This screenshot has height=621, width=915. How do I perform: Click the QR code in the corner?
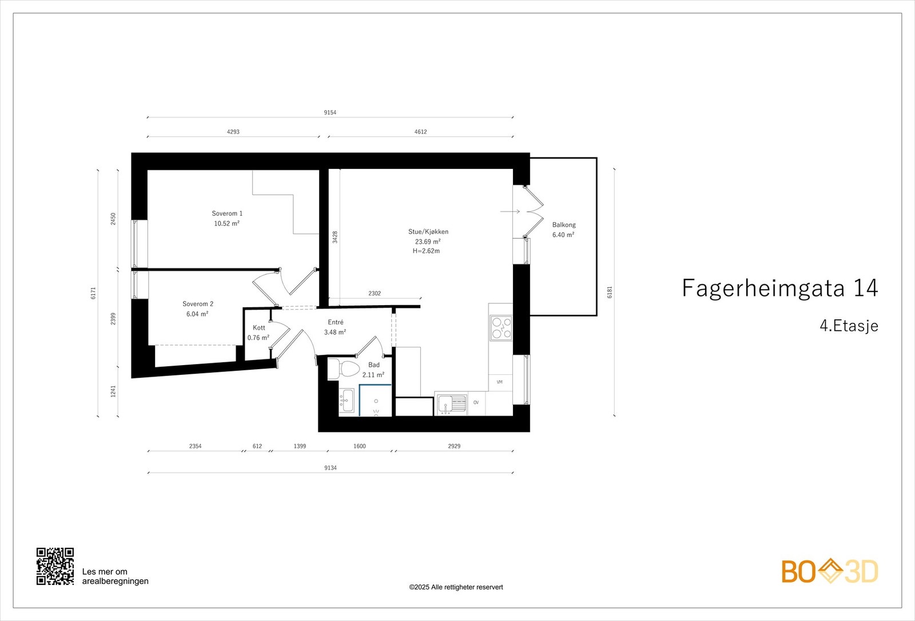pyautogui.click(x=55, y=566)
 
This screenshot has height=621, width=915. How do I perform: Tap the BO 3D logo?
pyautogui.click(x=830, y=571)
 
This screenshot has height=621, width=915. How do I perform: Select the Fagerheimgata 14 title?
pyautogui.click(x=780, y=288)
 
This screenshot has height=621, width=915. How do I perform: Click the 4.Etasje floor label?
pyautogui.click(x=849, y=326)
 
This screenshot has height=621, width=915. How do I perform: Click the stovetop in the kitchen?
pyautogui.click(x=501, y=328)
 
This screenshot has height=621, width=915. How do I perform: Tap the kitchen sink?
pyautogui.click(x=451, y=404)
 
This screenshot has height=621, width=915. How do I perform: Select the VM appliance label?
pyautogui.click(x=500, y=382)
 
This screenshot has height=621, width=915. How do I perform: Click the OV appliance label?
pyautogui.click(x=476, y=402)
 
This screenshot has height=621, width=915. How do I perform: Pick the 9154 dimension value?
pyautogui.click(x=330, y=112)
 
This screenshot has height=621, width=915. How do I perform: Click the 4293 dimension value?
pyautogui.click(x=233, y=132)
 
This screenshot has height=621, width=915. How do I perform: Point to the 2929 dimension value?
pyautogui.click(x=454, y=446)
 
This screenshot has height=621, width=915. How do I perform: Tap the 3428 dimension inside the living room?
pyautogui.click(x=335, y=237)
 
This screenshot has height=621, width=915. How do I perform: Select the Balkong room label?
pyautogui.click(x=564, y=224)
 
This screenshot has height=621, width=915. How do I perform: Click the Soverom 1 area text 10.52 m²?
pyautogui.click(x=226, y=223)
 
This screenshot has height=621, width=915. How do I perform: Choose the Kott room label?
pyautogui.click(x=259, y=327)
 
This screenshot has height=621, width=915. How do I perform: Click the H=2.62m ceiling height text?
pyautogui.click(x=426, y=251)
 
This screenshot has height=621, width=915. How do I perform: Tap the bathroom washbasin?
pyautogui.click(x=347, y=400)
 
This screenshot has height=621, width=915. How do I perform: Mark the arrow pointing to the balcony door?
pyautogui.click(x=510, y=211)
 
